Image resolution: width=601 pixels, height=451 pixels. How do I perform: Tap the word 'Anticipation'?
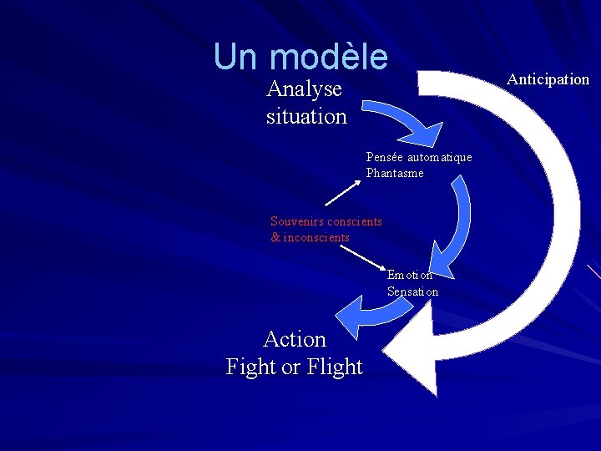click(548, 79)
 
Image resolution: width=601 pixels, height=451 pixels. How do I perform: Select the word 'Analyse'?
click(305, 89)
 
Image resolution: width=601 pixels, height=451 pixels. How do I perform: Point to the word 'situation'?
click(306, 116)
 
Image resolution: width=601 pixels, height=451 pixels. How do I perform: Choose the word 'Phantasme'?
click(395, 173)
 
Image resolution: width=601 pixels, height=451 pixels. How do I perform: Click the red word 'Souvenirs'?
click(297, 221)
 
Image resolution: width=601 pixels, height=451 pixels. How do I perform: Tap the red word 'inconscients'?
click(316, 237)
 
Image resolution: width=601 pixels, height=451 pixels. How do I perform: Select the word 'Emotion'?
click(410, 275)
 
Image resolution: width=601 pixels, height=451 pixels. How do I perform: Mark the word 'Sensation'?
click(412, 291)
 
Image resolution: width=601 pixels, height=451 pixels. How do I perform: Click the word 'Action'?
click(295, 339)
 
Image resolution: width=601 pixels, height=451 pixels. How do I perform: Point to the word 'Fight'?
click(251, 367)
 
